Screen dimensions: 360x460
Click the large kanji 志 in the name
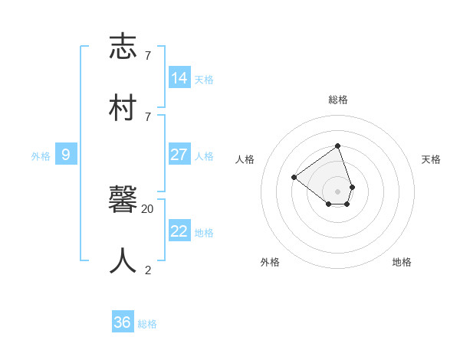123,47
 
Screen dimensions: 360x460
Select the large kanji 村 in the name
123,107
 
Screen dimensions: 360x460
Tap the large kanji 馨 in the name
123,200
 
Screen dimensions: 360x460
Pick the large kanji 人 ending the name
123,260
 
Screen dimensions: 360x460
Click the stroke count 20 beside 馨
148,208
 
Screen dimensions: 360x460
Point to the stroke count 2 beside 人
148,270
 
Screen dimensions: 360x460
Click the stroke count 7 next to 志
148,55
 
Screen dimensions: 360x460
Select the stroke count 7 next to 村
148,116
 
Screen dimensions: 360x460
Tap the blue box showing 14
179,78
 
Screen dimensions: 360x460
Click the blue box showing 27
179,154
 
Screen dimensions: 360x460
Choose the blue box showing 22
179,231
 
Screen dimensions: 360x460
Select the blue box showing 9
66,155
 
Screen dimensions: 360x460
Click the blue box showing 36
123,322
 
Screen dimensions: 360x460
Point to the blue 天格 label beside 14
204,80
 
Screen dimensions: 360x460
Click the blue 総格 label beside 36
147,324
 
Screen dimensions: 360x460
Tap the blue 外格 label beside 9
41,156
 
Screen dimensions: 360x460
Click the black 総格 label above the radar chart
338,100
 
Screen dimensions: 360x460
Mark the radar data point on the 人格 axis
294,178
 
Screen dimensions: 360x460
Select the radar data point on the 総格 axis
337,146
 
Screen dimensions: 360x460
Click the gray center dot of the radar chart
337,191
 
